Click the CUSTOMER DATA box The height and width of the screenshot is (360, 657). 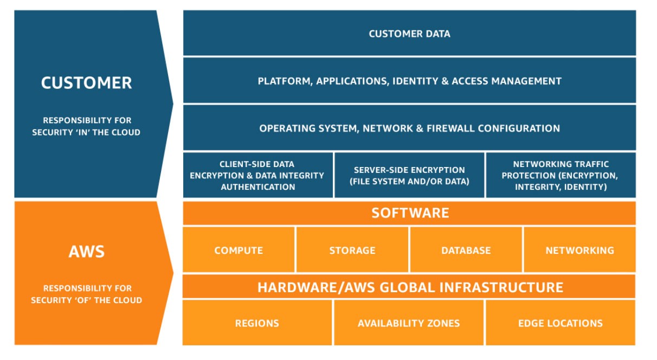tap(409, 34)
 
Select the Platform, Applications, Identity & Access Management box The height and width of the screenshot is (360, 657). tap(409, 81)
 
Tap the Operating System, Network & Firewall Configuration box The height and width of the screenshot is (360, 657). tap(409, 128)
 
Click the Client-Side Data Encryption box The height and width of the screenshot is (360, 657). tap(257, 175)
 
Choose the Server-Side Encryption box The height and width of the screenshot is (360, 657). tap(409, 175)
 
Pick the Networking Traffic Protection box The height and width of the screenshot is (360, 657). tap(560, 175)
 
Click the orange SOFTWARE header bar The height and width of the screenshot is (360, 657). tap(409, 213)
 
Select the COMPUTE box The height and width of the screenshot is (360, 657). tap(239, 250)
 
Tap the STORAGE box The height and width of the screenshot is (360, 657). tap(352, 250)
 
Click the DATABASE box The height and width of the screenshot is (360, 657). tap(466, 250)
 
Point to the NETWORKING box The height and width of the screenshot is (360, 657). tap(579, 250)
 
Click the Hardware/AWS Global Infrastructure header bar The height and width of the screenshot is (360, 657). tap(409, 287)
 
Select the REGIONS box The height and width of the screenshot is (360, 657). tap(257, 323)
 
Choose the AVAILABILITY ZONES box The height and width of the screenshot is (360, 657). tap(409, 323)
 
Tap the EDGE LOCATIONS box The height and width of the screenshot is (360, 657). tap(560, 323)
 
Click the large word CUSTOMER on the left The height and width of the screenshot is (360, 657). tap(86, 83)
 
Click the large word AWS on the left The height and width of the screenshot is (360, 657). tap(86, 252)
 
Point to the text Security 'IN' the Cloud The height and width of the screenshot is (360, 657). tap(86, 132)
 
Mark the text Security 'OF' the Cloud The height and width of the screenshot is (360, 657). tap(86, 300)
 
